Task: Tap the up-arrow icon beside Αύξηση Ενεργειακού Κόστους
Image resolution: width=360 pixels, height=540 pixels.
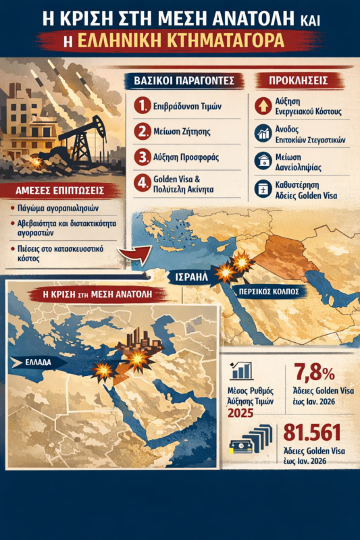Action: point(262,105)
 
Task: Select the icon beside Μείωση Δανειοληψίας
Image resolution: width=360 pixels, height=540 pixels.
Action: point(262,160)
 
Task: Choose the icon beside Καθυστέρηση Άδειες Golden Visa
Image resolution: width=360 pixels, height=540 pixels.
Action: point(262,188)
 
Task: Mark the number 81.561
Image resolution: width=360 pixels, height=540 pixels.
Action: point(312,432)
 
